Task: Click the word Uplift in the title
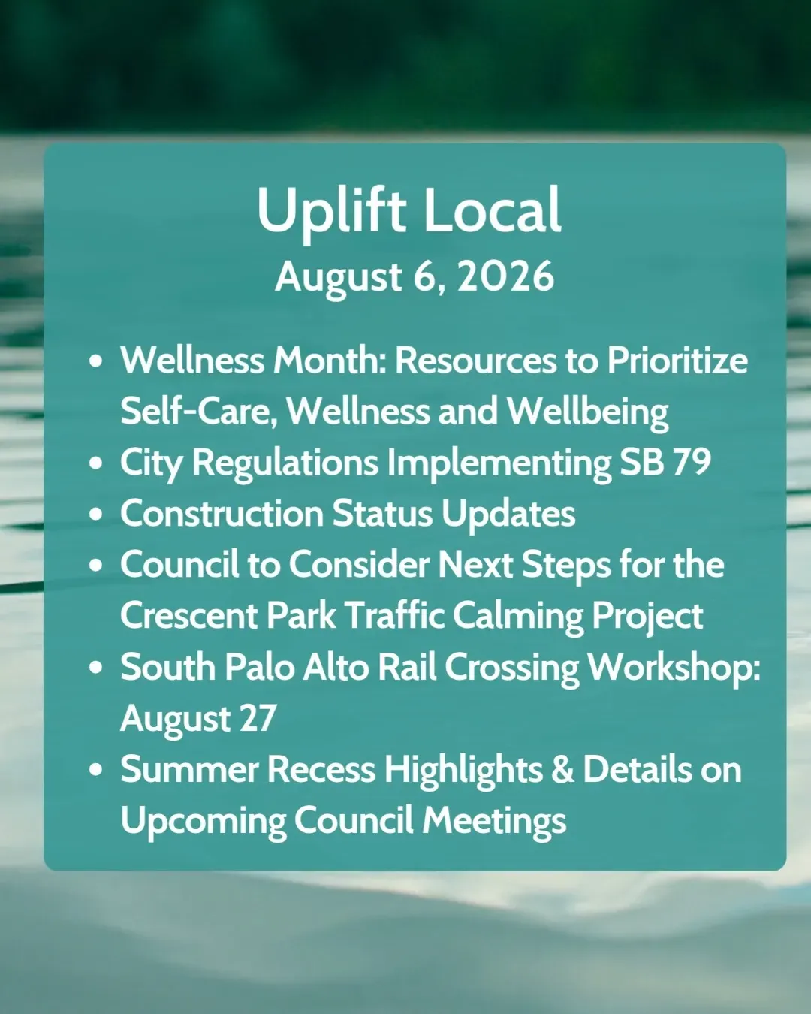click(x=331, y=213)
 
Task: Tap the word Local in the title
click(x=493, y=210)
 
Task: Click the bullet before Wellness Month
click(x=95, y=361)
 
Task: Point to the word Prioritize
click(x=677, y=361)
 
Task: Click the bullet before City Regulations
click(x=95, y=463)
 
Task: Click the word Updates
click(x=508, y=514)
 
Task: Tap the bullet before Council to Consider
click(x=95, y=565)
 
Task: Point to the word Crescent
click(x=189, y=615)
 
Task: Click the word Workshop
click(x=673, y=668)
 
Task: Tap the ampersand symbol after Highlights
click(x=562, y=768)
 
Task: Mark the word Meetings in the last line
click(x=493, y=820)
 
